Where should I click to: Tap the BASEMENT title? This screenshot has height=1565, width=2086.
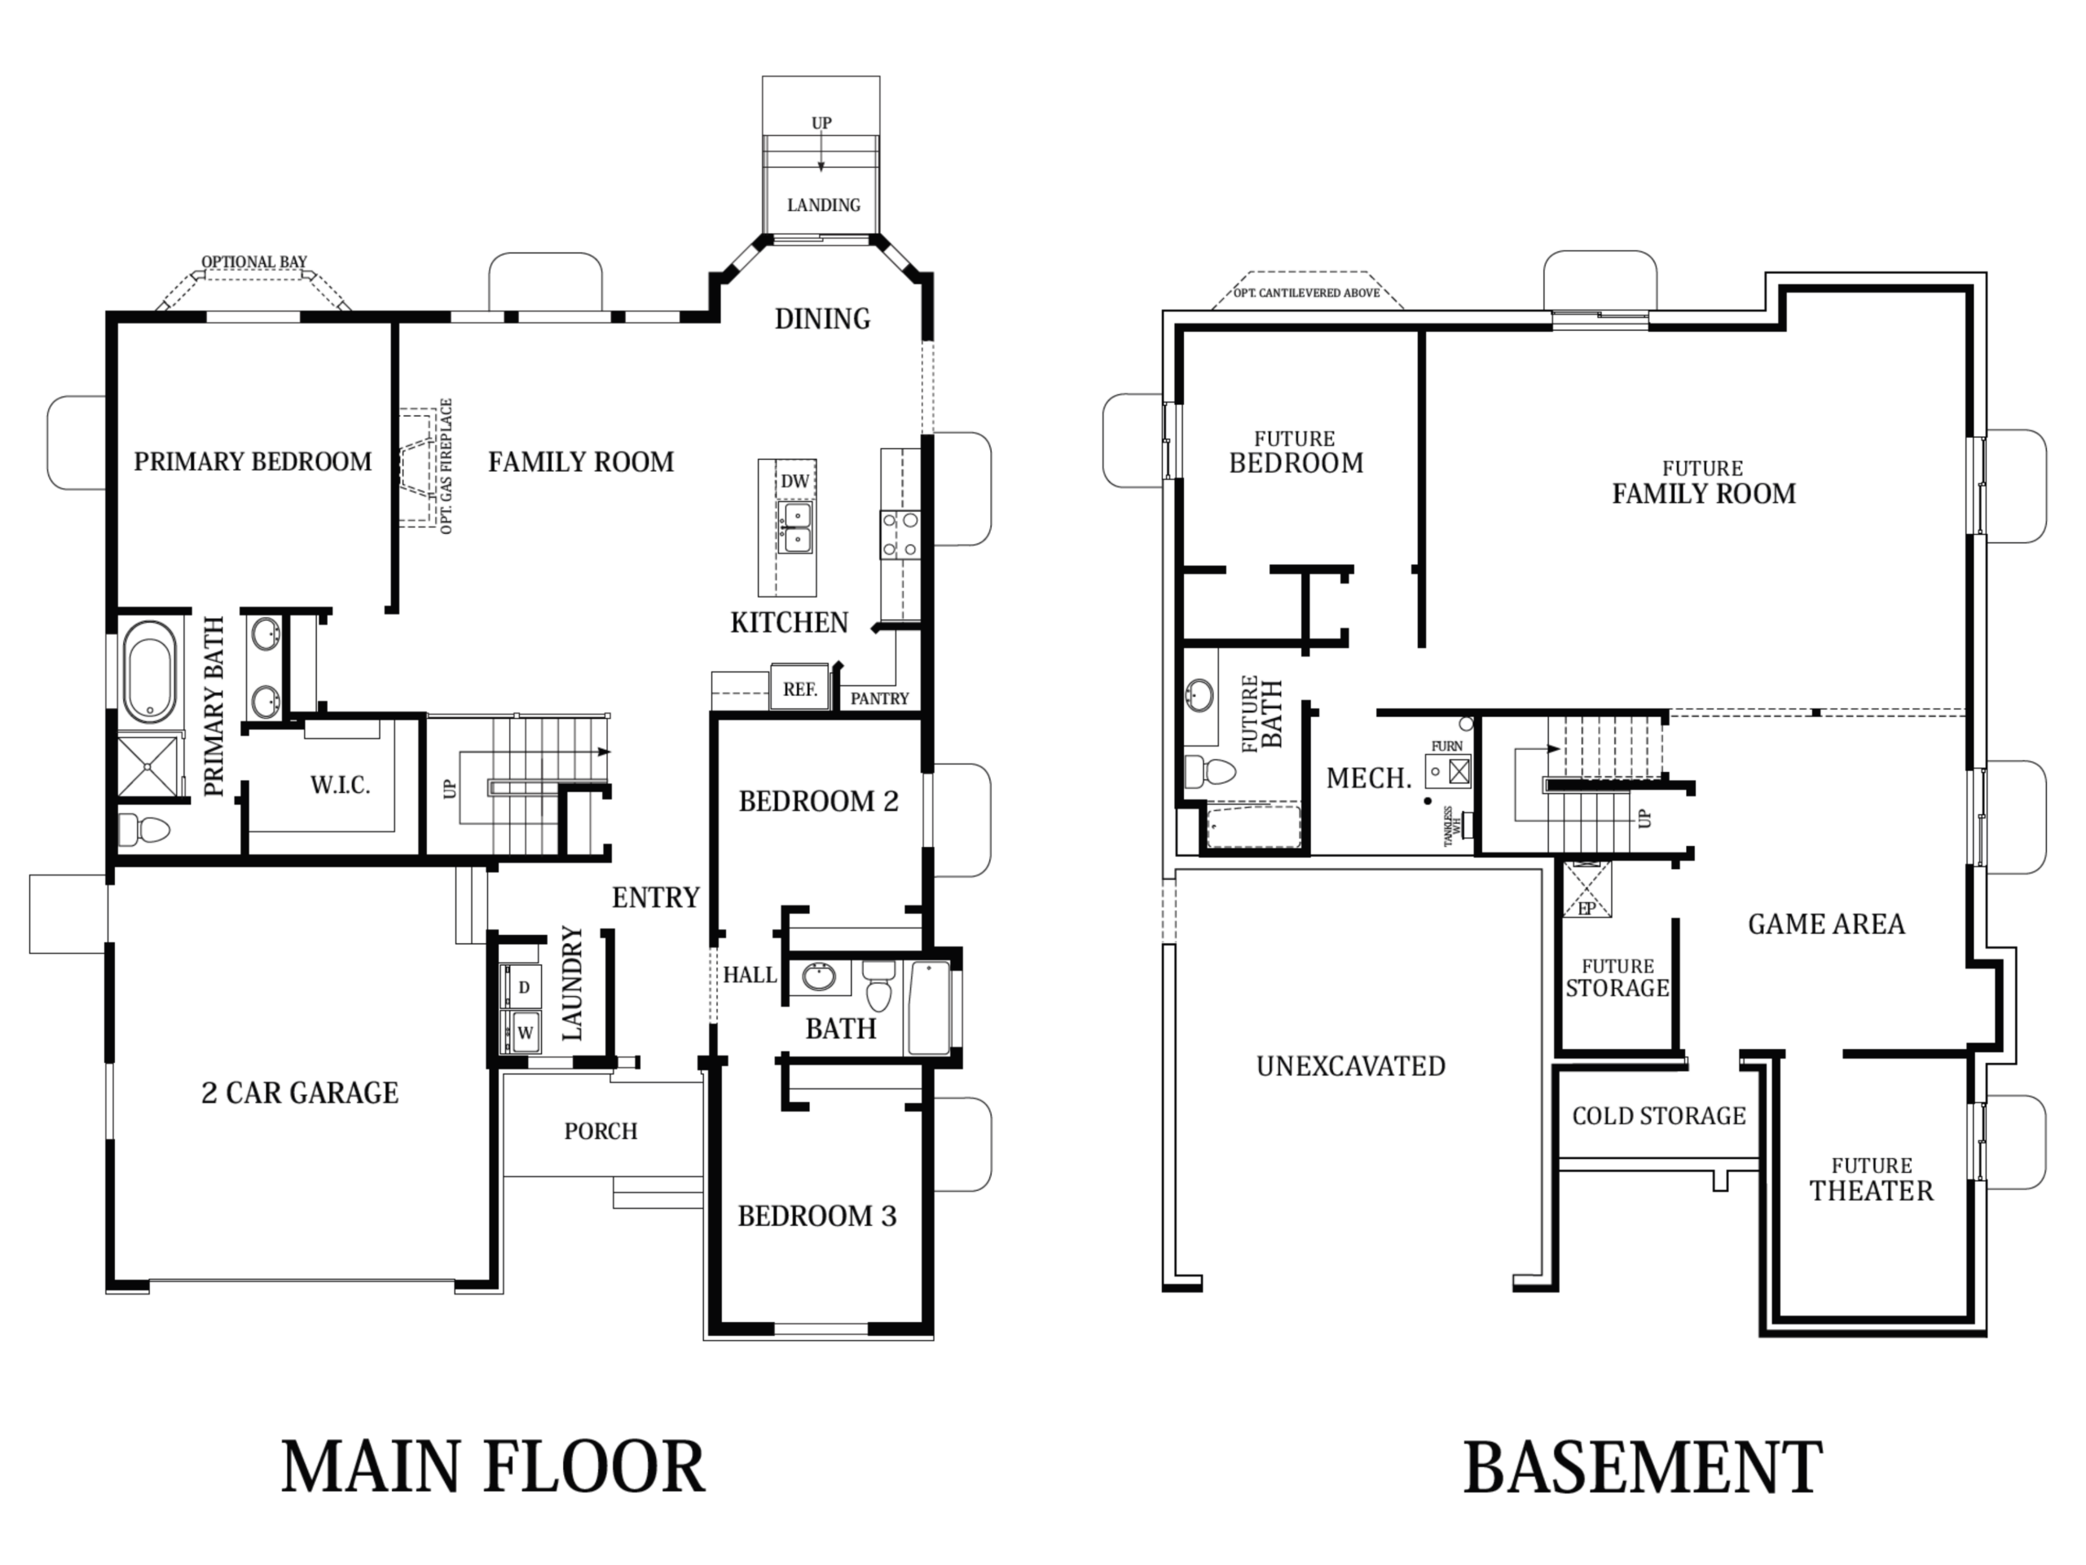coord(1643,1467)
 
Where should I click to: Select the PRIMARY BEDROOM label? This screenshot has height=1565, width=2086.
coord(253,461)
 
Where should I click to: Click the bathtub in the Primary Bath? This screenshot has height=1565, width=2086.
coord(150,669)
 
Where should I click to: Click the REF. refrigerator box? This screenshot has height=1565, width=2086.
coord(799,688)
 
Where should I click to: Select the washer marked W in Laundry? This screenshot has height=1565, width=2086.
coord(521,1031)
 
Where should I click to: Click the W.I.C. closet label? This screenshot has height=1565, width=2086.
coord(340,785)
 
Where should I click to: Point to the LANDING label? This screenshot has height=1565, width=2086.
coord(823,205)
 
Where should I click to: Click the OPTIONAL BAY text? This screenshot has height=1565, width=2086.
coord(253,262)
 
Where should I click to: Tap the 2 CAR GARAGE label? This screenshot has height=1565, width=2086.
coord(300,1092)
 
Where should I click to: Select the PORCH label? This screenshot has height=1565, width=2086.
coord(601,1131)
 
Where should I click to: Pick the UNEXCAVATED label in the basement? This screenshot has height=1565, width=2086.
coord(1350,1066)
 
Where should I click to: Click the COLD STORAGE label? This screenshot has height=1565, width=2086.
coord(1659,1116)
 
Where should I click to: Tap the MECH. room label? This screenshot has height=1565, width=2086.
coord(1368,778)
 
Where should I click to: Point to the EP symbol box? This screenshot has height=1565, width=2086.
coord(1587,888)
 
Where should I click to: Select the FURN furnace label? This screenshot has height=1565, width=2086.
coord(1446,746)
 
